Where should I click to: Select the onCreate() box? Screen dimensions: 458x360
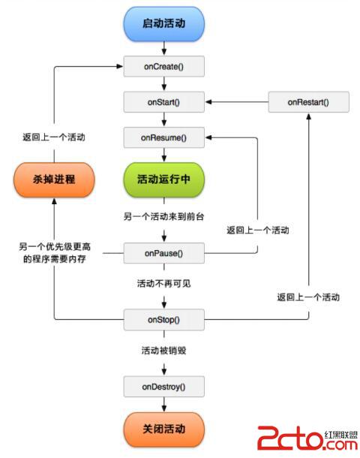point(163,68)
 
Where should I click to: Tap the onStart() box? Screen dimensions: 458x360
point(163,101)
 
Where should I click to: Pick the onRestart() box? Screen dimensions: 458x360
point(307,101)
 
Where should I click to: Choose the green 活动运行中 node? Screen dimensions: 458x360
point(163,180)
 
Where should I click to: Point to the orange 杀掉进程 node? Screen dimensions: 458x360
point(52,180)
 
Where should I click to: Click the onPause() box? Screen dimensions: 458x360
point(163,254)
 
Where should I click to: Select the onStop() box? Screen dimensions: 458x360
point(163,321)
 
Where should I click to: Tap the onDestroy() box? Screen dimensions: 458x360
point(163,387)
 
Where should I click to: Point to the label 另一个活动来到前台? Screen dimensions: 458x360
point(163,216)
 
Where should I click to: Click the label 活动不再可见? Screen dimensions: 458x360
point(163,284)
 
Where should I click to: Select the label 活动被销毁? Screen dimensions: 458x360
point(163,351)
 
